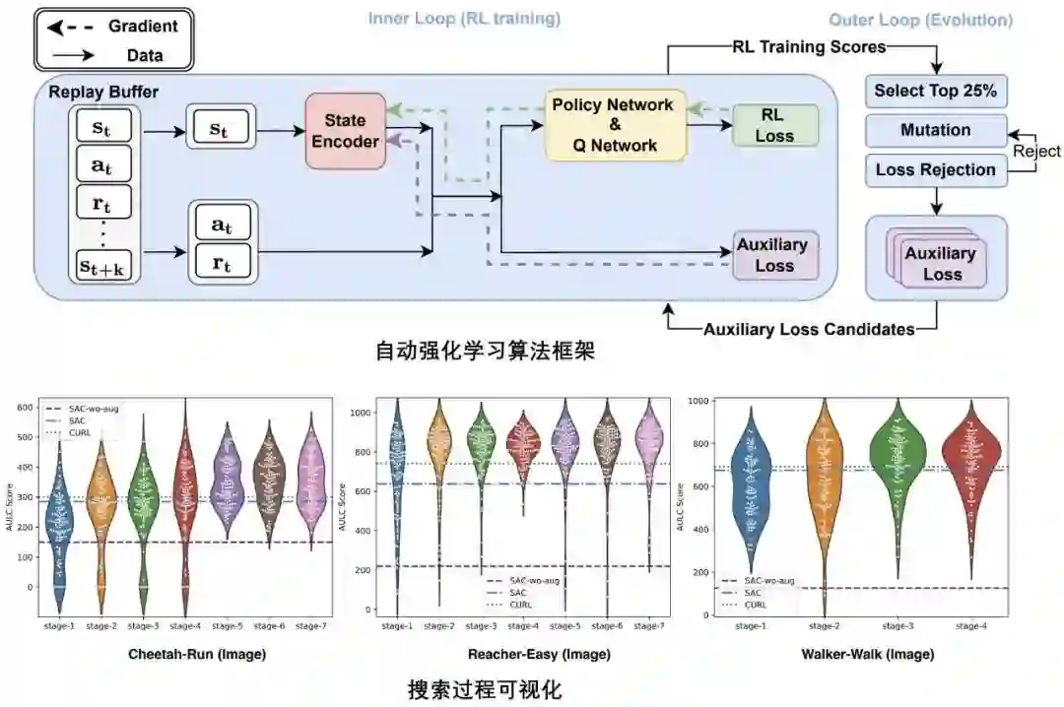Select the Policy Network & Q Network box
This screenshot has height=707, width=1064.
click(x=613, y=125)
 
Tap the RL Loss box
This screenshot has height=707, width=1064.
click(x=774, y=126)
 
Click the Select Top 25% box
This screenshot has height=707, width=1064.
click(x=935, y=92)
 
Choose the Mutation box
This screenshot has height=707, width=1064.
click(x=935, y=130)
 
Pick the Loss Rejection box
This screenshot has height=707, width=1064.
click(x=935, y=169)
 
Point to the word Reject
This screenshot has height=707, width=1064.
click(x=1036, y=151)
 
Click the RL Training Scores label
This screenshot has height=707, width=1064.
click(x=809, y=46)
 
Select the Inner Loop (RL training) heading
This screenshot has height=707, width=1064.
click(x=464, y=19)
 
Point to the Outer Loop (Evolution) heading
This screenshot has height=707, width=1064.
click(x=920, y=20)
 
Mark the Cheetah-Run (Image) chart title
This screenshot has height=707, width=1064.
click(x=196, y=654)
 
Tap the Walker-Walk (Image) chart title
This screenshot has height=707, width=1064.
click(x=863, y=654)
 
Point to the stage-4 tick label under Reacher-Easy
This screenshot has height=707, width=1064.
click(x=523, y=625)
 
